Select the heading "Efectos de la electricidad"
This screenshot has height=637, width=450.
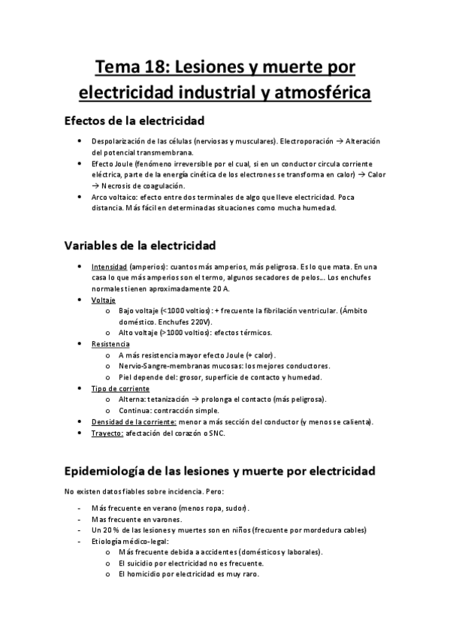(x=135, y=120)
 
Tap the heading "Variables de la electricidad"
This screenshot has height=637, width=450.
(x=140, y=245)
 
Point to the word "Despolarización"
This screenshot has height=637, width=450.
(x=119, y=141)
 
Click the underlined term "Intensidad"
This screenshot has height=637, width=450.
(x=109, y=267)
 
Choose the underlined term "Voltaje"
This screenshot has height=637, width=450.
(x=104, y=300)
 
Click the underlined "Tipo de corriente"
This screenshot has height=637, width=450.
(x=120, y=388)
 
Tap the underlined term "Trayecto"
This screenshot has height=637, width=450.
(x=107, y=433)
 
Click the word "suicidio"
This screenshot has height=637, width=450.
(x=139, y=563)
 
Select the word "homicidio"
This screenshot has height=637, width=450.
(x=145, y=574)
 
